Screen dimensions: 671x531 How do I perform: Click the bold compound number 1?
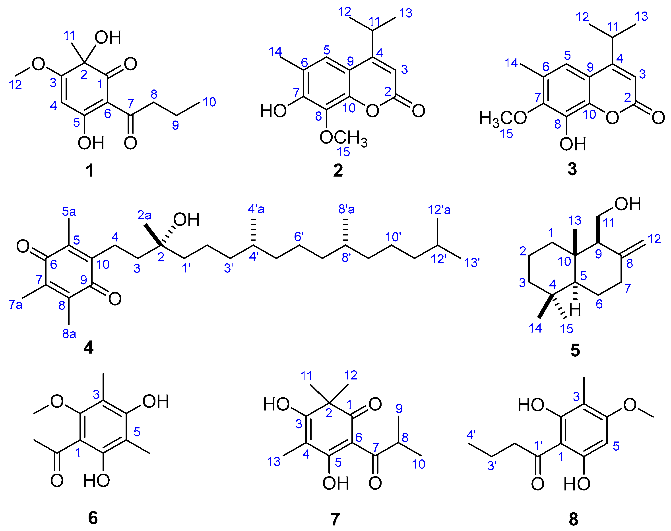(x=90, y=170)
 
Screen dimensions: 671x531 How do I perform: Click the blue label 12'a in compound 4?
(x=439, y=210)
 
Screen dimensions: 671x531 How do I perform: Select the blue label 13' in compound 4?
(x=472, y=263)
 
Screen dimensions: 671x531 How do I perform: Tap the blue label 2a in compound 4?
(x=144, y=215)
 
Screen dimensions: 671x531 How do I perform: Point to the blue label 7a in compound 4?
(x=16, y=305)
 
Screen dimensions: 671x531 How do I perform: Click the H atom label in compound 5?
(x=575, y=310)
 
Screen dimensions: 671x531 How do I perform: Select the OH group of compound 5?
(x=628, y=204)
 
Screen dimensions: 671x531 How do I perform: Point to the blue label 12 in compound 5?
(x=654, y=239)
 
